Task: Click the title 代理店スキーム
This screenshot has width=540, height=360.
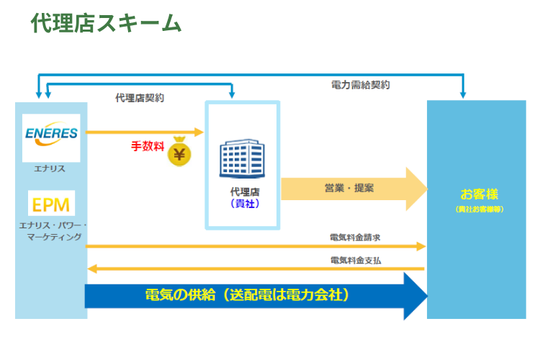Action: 106,23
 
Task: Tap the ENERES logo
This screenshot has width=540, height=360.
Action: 51,135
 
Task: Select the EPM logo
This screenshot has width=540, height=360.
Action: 51,204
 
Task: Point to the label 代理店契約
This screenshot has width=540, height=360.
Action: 140,98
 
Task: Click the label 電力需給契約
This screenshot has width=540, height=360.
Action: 361,85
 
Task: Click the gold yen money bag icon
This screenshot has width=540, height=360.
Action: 180,152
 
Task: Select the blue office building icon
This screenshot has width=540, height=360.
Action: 242,159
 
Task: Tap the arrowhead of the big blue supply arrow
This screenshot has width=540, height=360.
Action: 416,295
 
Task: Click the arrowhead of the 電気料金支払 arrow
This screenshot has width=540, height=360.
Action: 91,269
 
